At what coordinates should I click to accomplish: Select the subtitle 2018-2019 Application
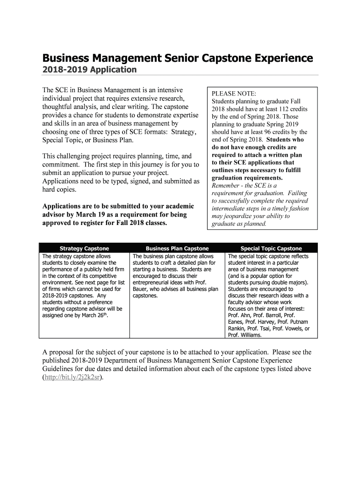[89, 70]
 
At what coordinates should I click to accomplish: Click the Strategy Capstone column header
[84, 248]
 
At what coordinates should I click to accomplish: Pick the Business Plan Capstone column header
[177, 248]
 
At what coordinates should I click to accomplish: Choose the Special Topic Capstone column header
[271, 248]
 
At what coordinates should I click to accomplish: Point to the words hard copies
[59, 189]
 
